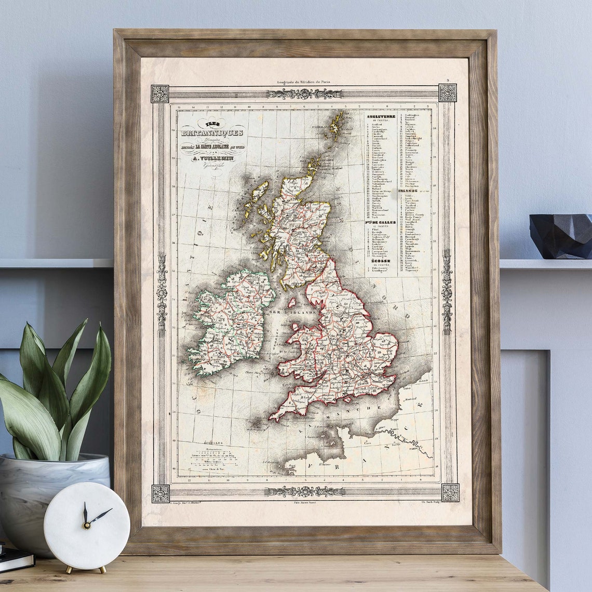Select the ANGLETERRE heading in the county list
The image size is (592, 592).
pos(381,116)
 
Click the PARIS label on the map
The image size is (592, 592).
pos(414,448)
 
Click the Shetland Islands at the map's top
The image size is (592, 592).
pos(337,126)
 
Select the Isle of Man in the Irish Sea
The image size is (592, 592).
pos(292,302)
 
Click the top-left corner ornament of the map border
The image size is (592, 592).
pos(160,93)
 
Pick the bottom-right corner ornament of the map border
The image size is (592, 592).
pos(450,492)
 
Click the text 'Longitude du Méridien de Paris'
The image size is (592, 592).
pos(304,82)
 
